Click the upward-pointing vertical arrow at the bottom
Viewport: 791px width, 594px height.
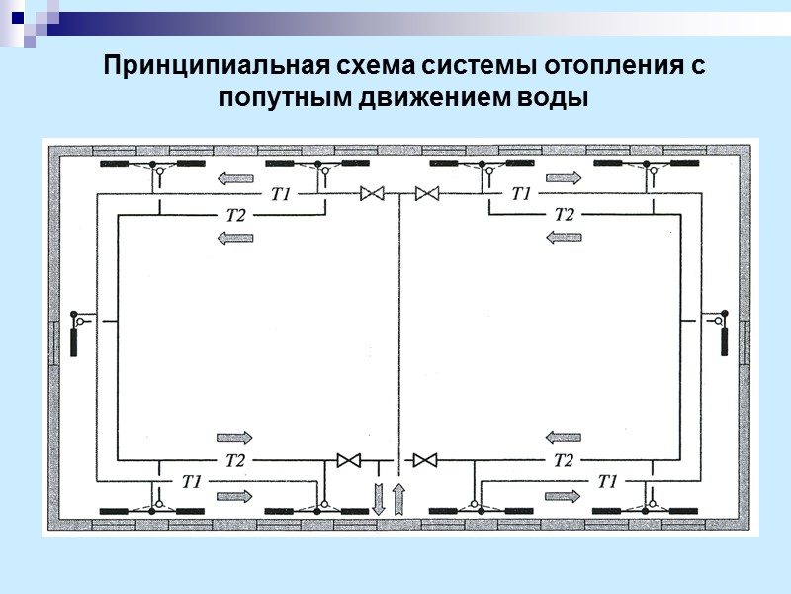[x=399, y=498]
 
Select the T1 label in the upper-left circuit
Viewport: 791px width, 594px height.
[x=281, y=194]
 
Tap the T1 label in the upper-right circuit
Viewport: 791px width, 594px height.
[x=521, y=194]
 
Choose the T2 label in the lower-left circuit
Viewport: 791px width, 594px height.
[x=234, y=460]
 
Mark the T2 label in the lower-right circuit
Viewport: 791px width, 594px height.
[x=564, y=460]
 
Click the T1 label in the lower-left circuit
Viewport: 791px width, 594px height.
[x=192, y=481]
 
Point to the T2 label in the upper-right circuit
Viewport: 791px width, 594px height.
[x=564, y=214]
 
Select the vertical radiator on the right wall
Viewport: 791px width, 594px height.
[x=723, y=342]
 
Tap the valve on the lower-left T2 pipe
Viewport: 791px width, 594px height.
[x=349, y=460]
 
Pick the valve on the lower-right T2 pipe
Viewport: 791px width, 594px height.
[x=426, y=460]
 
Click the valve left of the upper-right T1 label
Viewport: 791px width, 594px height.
[x=427, y=194]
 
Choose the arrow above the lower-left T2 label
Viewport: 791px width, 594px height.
[x=234, y=437]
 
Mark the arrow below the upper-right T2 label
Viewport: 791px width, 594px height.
[x=564, y=237]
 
